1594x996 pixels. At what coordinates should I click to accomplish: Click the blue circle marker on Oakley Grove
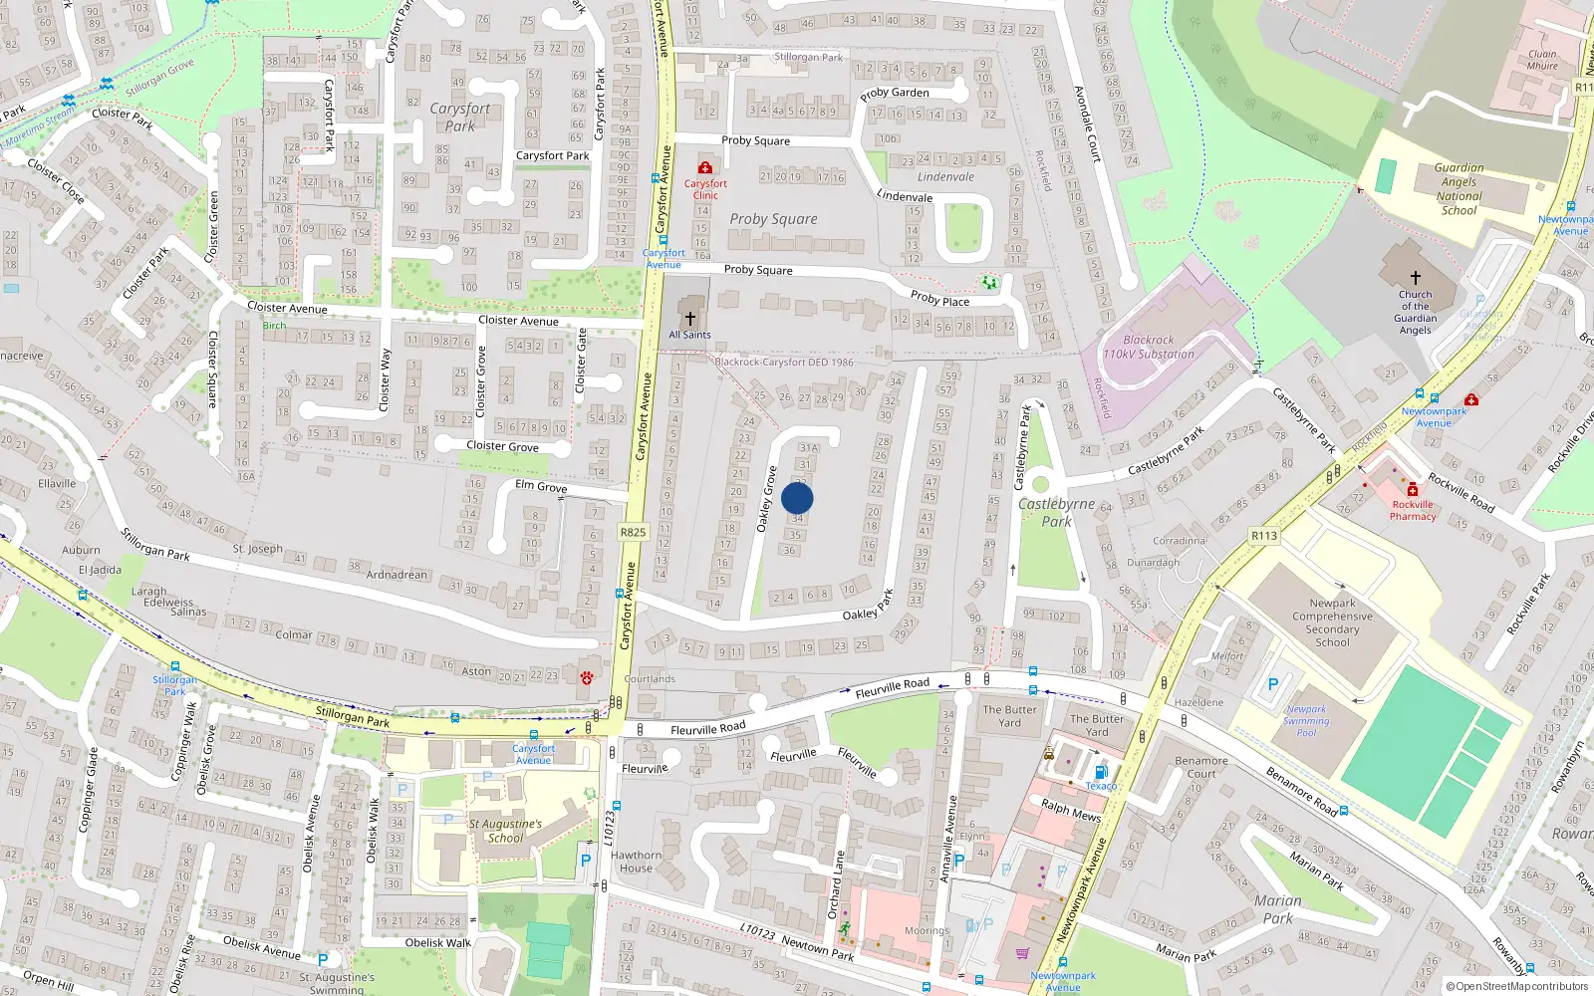click(x=797, y=498)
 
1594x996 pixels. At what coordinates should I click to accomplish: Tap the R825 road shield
click(x=633, y=532)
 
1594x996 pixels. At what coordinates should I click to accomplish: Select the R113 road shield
click(x=1264, y=536)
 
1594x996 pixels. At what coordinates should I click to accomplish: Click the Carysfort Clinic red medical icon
click(x=705, y=168)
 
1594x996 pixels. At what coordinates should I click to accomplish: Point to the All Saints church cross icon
click(x=689, y=318)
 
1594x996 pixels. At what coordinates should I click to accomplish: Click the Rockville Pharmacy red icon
click(x=1413, y=489)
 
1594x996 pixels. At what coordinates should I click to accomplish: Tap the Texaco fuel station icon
click(x=1101, y=772)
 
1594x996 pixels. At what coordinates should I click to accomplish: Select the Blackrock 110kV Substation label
click(x=1148, y=347)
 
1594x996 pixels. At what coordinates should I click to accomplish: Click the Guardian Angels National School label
click(x=1459, y=189)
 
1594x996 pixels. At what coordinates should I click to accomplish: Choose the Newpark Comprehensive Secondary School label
click(x=1332, y=622)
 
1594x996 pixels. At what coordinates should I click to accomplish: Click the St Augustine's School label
click(x=505, y=831)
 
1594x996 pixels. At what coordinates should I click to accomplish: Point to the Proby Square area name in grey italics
click(x=773, y=219)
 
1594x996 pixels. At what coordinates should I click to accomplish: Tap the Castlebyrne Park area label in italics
click(x=1057, y=512)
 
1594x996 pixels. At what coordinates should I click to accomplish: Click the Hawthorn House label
click(x=636, y=862)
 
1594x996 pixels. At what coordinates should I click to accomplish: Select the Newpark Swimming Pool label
click(x=1306, y=721)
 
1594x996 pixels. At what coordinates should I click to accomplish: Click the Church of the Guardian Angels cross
click(x=1415, y=278)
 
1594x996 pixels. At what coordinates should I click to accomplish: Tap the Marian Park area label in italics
click(x=1278, y=909)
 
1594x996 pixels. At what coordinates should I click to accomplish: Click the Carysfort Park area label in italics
click(x=460, y=117)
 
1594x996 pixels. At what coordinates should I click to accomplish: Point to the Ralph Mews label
click(x=1071, y=810)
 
